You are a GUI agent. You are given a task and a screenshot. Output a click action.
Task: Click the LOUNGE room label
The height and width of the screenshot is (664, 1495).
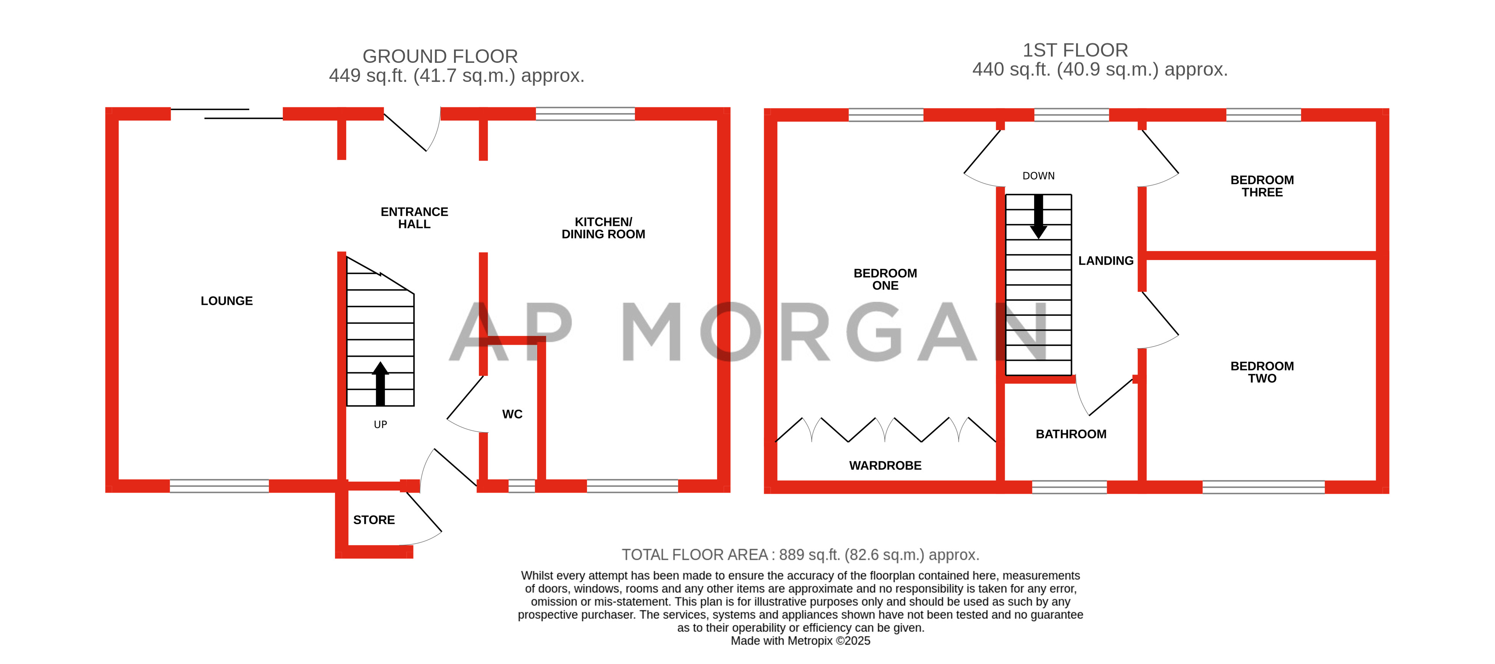226,301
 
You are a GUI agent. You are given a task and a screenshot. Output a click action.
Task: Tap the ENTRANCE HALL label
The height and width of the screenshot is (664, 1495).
414,218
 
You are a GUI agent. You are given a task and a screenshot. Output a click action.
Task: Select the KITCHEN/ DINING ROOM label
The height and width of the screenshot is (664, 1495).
603,228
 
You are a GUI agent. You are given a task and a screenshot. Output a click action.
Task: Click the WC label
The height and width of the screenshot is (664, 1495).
512,414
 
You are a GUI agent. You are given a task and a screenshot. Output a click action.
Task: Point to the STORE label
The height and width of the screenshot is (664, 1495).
374,520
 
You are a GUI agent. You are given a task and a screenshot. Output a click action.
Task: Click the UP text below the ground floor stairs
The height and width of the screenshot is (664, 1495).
380,424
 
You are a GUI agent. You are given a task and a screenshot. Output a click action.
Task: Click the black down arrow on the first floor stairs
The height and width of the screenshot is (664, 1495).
1038,217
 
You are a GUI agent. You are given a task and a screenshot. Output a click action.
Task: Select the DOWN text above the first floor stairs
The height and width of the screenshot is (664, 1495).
1038,176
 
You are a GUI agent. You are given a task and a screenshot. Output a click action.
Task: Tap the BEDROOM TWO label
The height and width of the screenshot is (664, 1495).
1262,372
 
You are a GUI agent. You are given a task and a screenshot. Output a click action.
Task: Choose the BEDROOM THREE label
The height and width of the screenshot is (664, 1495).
1262,186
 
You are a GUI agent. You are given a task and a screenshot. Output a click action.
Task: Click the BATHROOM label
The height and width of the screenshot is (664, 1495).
1071,434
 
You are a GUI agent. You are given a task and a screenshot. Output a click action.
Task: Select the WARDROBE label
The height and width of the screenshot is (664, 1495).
885,466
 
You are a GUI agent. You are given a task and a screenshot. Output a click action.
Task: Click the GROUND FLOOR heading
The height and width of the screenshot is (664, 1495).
440,56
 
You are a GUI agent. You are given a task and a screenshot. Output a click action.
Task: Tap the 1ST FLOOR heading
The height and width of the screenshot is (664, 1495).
1075,50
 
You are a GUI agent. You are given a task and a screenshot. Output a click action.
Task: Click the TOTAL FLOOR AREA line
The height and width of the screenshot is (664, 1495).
800,555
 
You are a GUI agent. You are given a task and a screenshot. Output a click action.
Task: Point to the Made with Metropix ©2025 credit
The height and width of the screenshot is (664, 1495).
800,641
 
